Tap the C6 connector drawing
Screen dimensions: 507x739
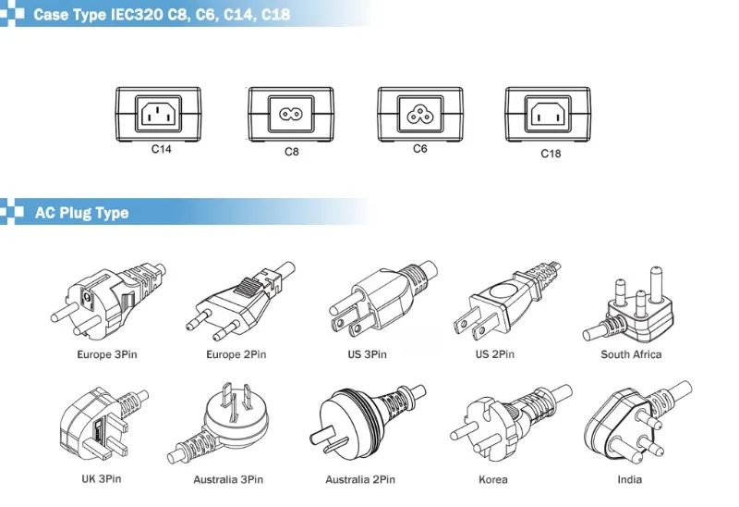420,115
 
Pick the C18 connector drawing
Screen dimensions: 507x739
550,115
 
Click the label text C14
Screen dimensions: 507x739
162,148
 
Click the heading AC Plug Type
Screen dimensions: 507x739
81,213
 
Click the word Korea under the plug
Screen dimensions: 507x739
493,479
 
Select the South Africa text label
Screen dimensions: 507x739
631,354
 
